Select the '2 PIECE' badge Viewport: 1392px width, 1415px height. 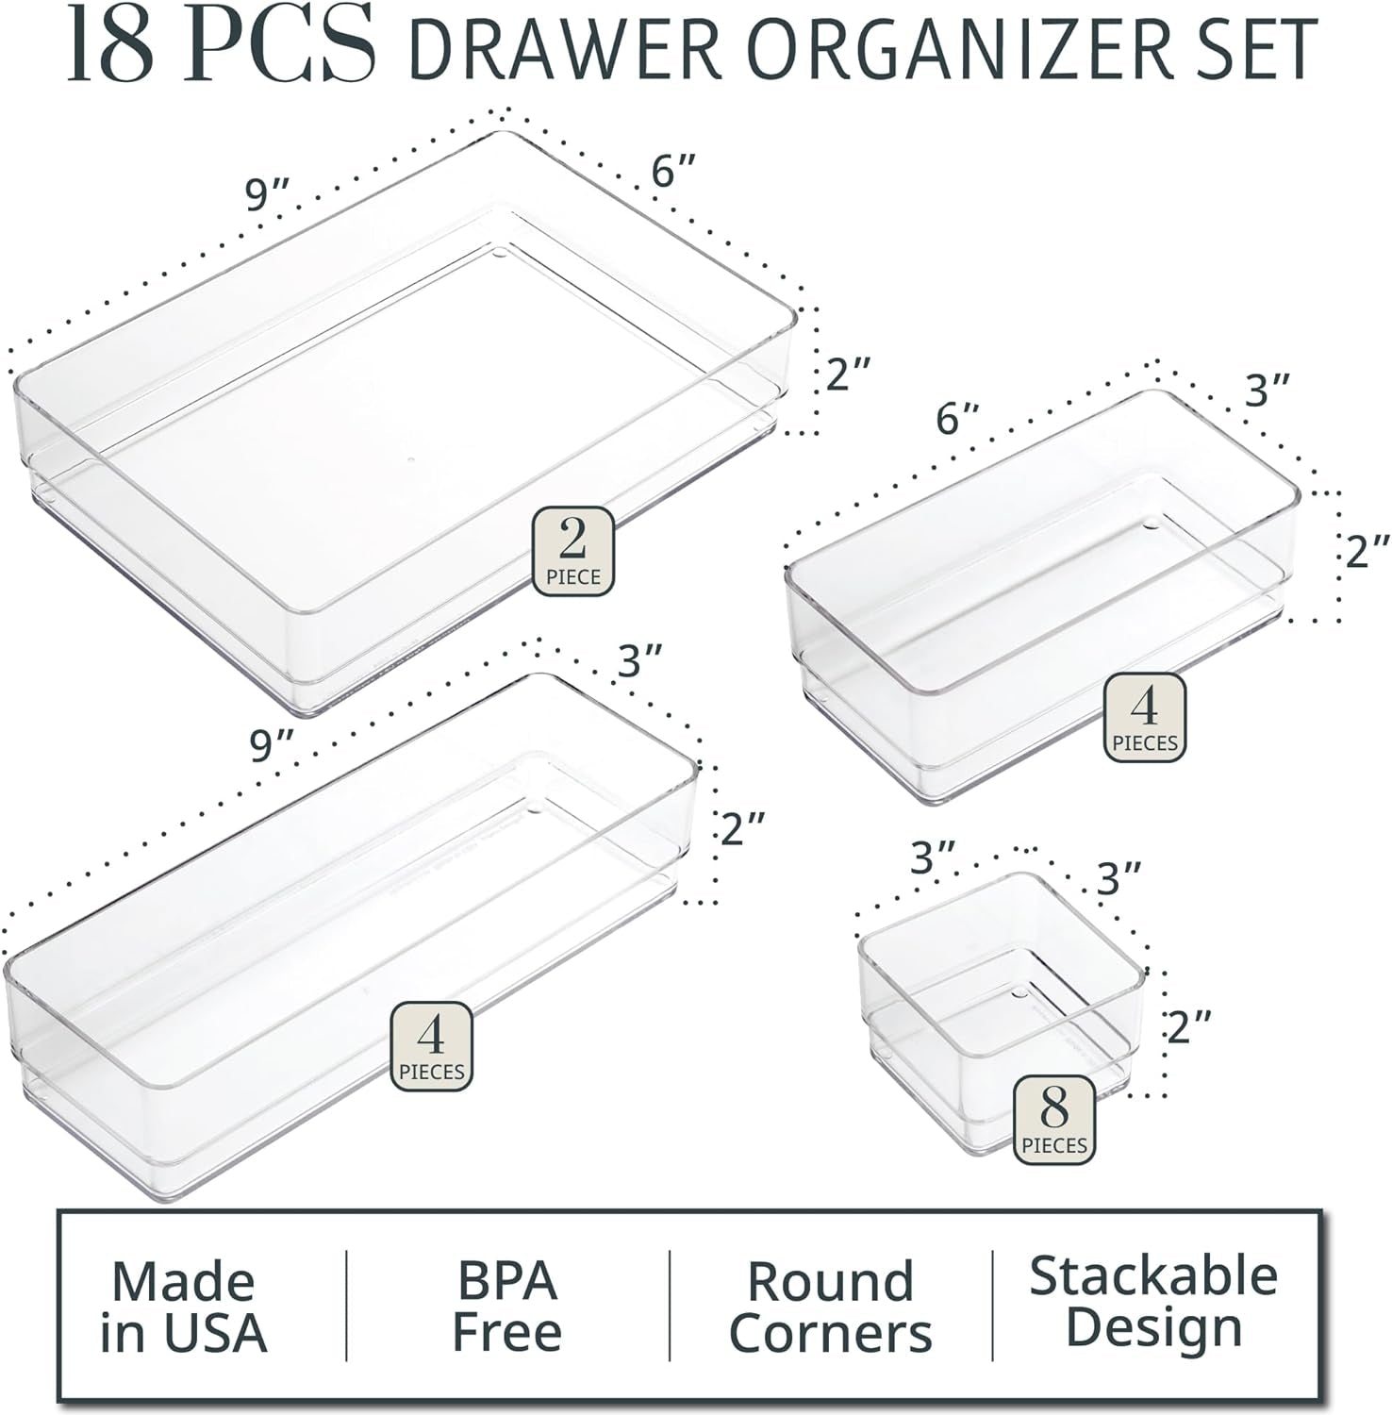[573, 552]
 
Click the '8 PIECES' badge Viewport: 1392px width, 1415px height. [1054, 1120]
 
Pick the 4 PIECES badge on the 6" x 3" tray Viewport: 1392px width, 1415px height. [1145, 718]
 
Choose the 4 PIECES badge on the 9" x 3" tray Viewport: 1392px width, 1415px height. [432, 1046]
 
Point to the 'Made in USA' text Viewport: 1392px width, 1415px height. [184, 1307]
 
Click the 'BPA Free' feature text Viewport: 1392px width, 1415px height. [507, 1307]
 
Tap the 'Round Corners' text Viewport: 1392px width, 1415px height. [831, 1307]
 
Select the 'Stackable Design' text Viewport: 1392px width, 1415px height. [1153, 1302]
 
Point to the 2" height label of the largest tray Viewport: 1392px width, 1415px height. [849, 374]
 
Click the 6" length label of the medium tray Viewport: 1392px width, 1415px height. [958, 419]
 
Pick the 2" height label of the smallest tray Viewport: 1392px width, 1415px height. [1188, 1026]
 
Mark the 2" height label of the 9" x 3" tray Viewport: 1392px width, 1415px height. [743, 829]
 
